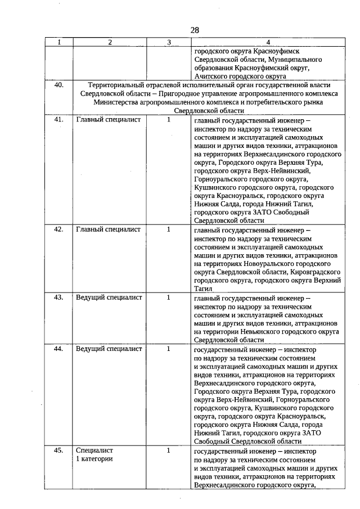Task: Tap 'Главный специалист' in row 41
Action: coord(108,120)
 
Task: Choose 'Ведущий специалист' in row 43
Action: coord(109,298)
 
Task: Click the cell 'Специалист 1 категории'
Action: coord(94,455)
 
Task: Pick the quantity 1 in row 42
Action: coord(168,229)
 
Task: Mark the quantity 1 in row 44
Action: coord(168,349)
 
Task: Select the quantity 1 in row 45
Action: coord(168,451)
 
